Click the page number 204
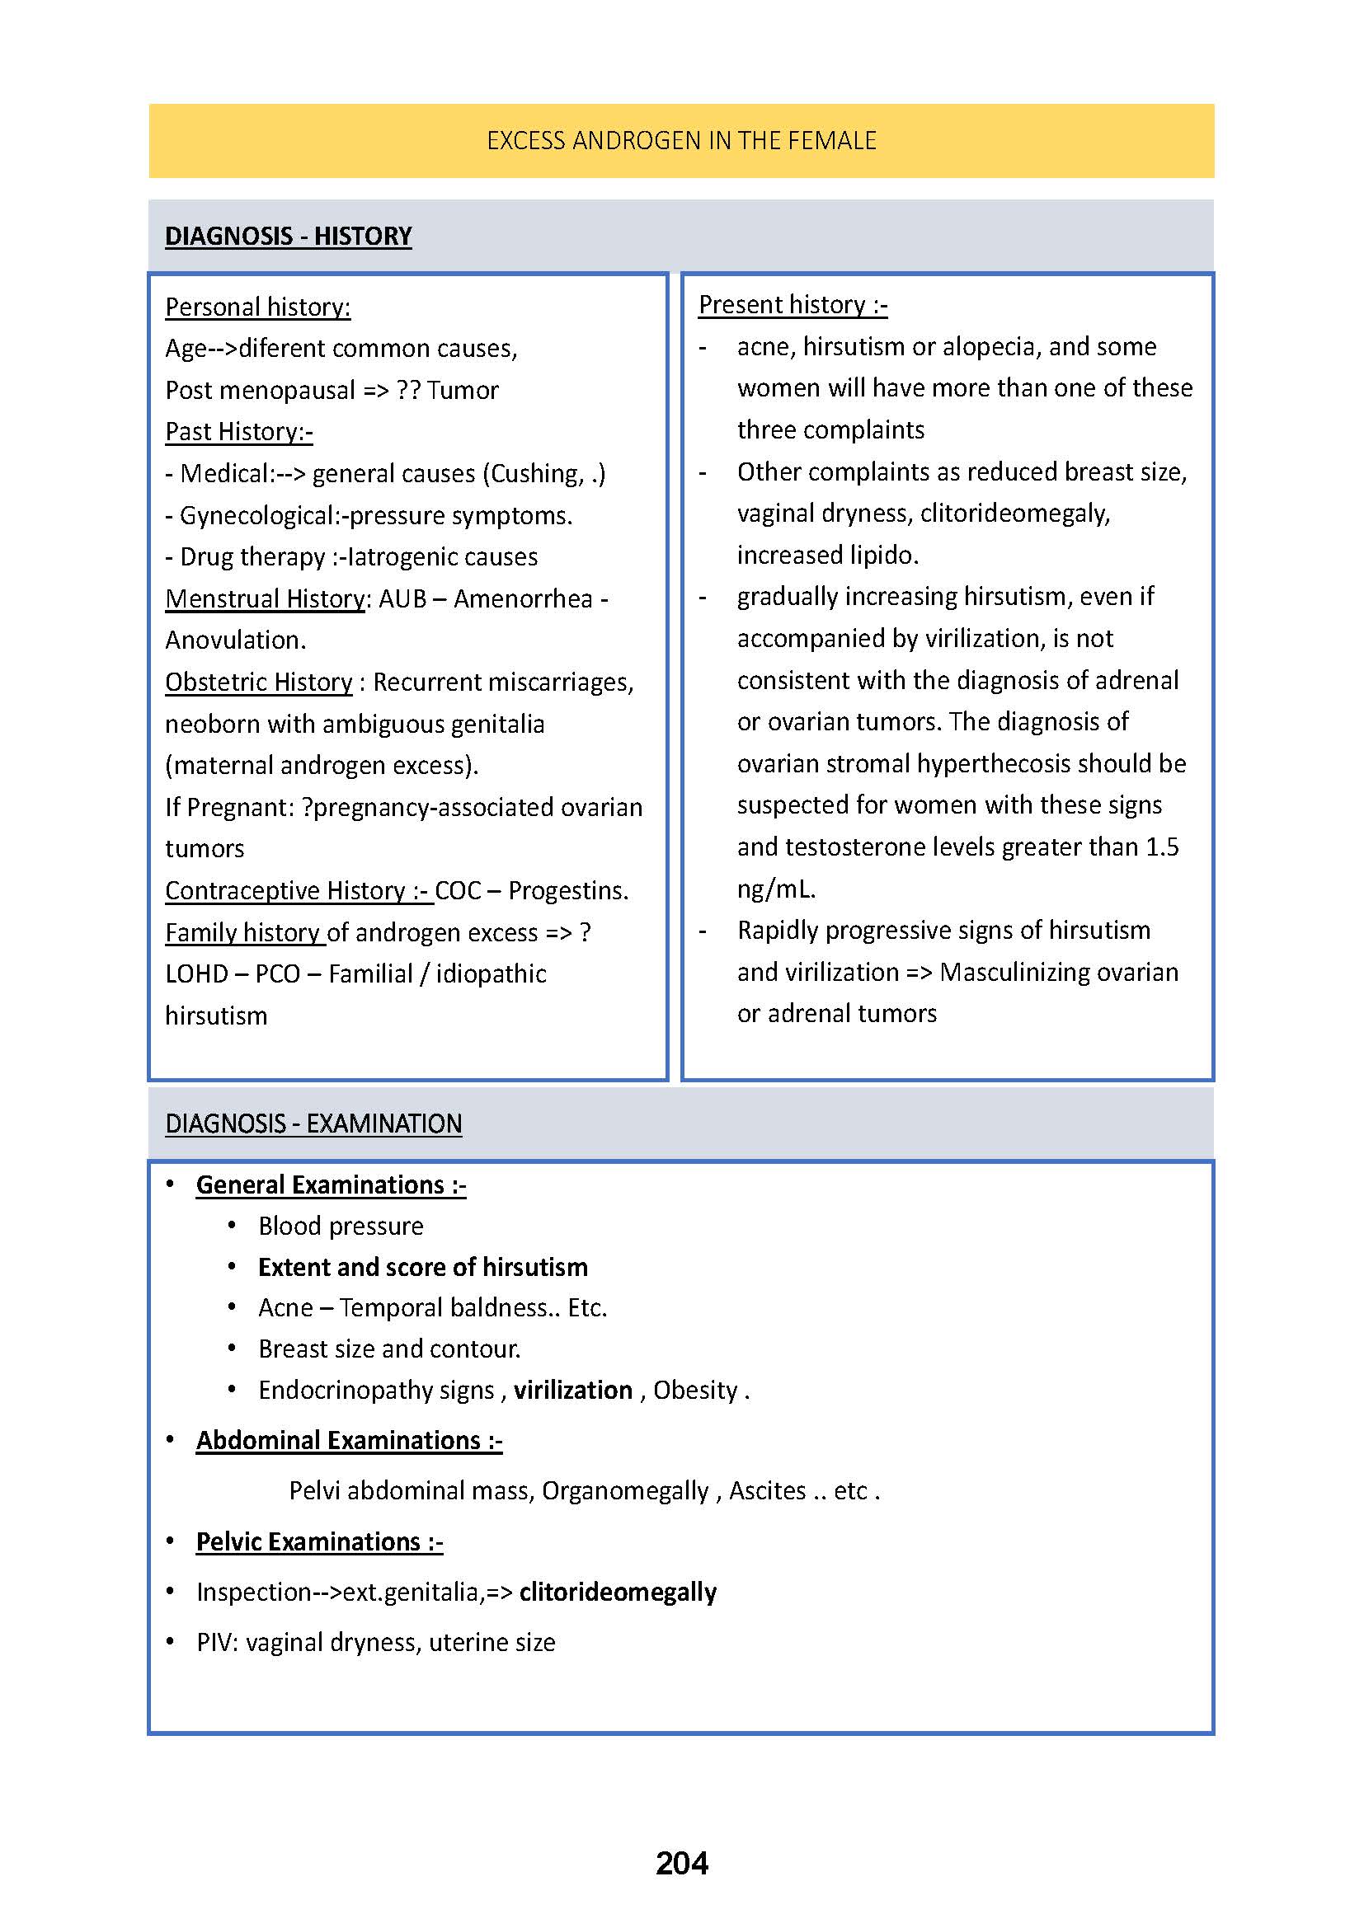coord(681,1863)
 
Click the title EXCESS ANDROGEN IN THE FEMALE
coord(681,140)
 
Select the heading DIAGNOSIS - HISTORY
coord(288,236)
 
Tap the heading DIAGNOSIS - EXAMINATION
coord(313,1123)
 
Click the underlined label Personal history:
coord(257,307)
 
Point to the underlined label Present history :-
coord(792,305)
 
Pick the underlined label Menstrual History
coord(266,598)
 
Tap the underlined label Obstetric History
coord(259,682)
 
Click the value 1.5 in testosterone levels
coord(1162,847)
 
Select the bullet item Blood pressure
coord(340,1226)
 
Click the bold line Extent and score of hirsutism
coord(422,1267)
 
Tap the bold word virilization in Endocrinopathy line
coord(573,1391)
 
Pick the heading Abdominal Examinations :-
coord(349,1441)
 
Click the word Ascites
coord(767,1491)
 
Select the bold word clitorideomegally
coord(618,1593)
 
